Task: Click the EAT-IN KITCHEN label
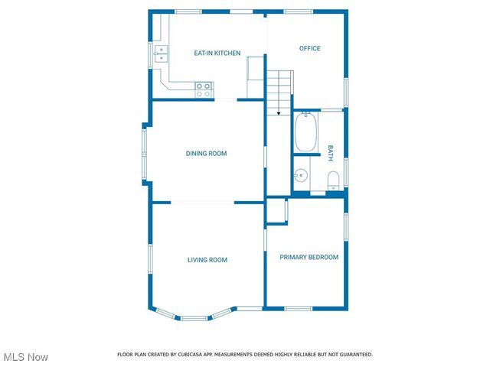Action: (x=217, y=54)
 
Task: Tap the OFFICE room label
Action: (x=309, y=48)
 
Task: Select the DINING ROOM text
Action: (x=207, y=154)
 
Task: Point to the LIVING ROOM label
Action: (x=207, y=260)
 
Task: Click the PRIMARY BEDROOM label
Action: (x=309, y=258)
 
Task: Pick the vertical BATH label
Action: (x=331, y=152)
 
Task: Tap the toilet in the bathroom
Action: (x=333, y=181)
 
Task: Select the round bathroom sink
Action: (x=300, y=176)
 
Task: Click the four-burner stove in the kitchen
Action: (x=204, y=89)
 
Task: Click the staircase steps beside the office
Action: (x=279, y=86)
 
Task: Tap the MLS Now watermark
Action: (x=26, y=357)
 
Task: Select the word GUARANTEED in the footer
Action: (x=355, y=355)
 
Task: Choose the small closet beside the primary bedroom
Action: (x=276, y=211)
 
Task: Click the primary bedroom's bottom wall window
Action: (x=299, y=308)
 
